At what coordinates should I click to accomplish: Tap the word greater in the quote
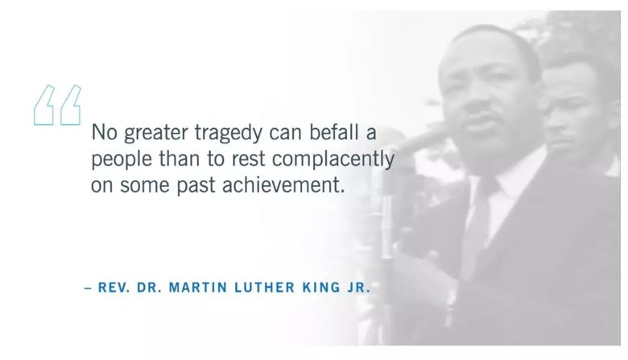point(156,134)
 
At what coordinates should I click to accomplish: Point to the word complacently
point(333,159)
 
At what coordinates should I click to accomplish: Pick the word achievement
point(281,185)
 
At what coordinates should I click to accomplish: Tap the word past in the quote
point(196,186)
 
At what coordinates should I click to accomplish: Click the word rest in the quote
point(248,159)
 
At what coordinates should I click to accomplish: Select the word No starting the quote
point(104,132)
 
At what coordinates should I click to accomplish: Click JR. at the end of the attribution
point(358,288)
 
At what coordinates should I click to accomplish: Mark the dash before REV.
point(88,288)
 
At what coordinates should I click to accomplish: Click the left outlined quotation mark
point(44,105)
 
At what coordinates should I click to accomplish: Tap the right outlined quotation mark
point(71,105)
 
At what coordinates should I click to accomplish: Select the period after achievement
point(342,192)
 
